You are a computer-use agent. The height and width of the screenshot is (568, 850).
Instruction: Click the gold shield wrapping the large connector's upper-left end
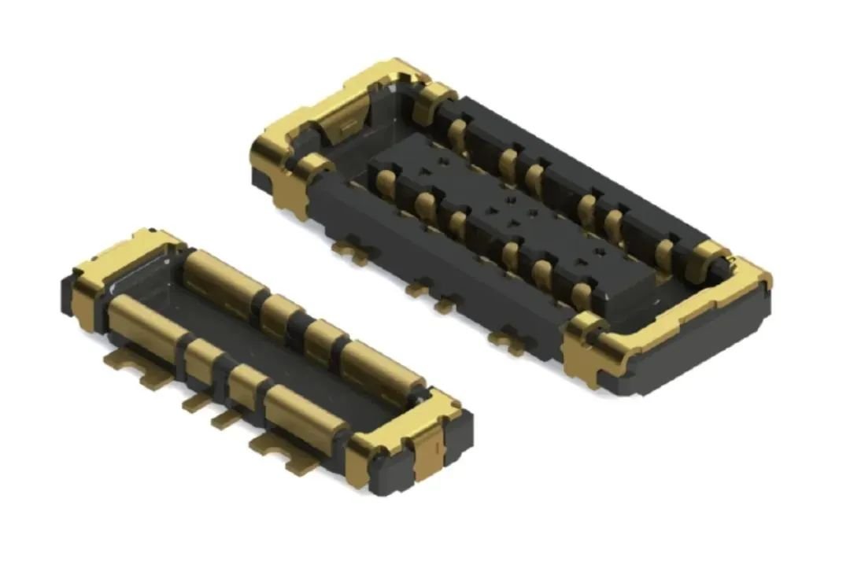pos(315,118)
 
